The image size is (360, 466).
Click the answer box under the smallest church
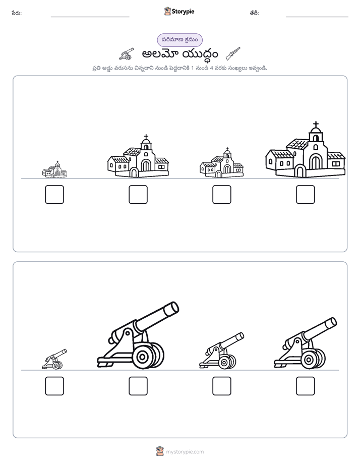pos(54,195)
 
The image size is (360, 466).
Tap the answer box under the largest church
pos(306,195)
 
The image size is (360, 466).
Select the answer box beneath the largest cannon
pos(138,386)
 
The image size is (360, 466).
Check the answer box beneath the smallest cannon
pos(54,386)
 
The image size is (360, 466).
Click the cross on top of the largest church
pos(316,124)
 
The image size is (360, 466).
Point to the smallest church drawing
pos(54,169)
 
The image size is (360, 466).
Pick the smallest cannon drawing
pos(54,359)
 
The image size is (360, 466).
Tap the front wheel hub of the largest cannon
pos(142,356)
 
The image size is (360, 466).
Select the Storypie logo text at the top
pos(183,11)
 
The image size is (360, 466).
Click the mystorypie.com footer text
pos(185,452)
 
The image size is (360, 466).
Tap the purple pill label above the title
pos(179,40)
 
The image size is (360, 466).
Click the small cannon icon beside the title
pos(127,53)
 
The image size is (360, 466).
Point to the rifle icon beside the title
pos(233,53)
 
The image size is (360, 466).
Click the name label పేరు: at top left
pos(17,13)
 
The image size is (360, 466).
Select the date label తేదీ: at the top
pos(254,13)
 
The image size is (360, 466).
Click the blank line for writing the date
pos(317,17)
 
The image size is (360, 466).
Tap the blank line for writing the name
pos(90,17)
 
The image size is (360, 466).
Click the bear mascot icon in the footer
pos(160,451)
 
